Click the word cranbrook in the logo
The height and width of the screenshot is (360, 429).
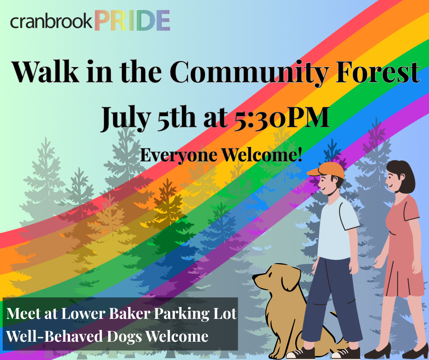click(x=51, y=21)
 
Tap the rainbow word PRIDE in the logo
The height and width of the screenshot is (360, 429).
click(x=132, y=20)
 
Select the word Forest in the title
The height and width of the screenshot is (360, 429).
click(x=377, y=72)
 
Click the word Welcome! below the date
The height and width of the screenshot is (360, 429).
click(x=262, y=154)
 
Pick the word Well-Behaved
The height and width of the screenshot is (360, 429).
click(x=55, y=336)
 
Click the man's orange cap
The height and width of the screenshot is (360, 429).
click(x=326, y=170)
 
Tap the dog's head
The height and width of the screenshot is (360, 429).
click(x=276, y=277)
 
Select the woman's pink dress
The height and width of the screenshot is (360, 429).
click(x=402, y=247)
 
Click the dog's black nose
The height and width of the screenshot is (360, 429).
click(x=254, y=277)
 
